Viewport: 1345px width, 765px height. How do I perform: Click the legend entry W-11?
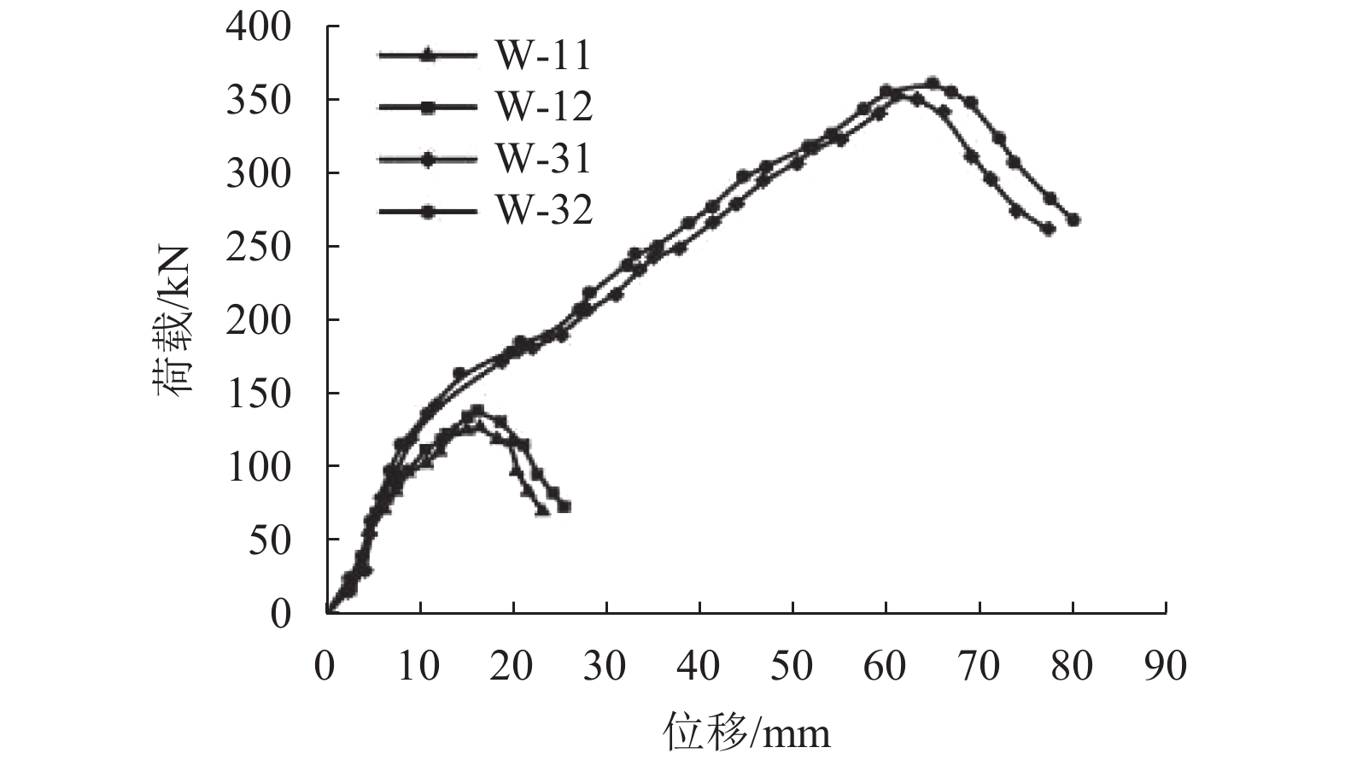[x=543, y=56]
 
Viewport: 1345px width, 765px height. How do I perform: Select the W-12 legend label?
[x=543, y=107]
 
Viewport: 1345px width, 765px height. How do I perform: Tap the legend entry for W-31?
[x=543, y=159]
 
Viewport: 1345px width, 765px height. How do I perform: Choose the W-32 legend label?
[x=543, y=210]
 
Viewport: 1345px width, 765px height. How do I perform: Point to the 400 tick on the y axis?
[x=259, y=27]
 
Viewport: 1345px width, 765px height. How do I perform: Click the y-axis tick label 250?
[x=259, y=247]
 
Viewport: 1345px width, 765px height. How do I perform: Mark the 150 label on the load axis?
[x=259, y=394]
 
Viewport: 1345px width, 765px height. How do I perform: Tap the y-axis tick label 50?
[x=269, y=540]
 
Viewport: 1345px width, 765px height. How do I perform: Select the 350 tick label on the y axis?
[x=259, y=101]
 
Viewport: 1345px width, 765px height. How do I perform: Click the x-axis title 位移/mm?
[x=746, y=733]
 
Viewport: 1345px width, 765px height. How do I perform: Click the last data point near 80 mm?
[x=1073, y=219]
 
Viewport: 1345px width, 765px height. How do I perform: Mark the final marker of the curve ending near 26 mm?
[x=564, y=506]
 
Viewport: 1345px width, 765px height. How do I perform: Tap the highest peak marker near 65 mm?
[x=933, y=83]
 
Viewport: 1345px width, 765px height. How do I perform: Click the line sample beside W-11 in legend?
[x=428, y=56]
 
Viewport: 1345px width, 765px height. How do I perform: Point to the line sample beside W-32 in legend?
[x=428, y=210]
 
